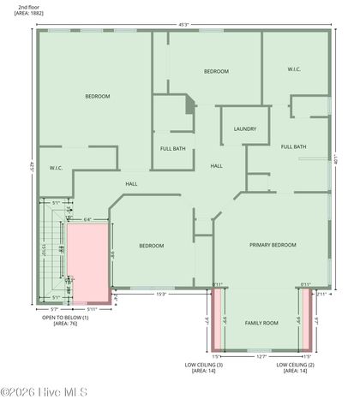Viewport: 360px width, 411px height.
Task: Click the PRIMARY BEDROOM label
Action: click(273, 245)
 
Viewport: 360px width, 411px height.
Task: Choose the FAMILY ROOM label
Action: click(261, 323)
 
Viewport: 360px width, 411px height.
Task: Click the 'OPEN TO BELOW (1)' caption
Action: click(66, 317)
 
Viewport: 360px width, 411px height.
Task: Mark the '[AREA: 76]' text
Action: click(66, 324)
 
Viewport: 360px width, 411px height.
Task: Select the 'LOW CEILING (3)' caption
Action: click(204, 365)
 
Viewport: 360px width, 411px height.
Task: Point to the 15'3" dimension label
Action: click(160, 294)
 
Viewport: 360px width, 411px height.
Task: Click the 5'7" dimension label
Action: click(54, 309)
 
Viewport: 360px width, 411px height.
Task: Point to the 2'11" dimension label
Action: click(321, 294)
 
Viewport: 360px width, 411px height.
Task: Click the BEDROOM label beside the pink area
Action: click(152, 246)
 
